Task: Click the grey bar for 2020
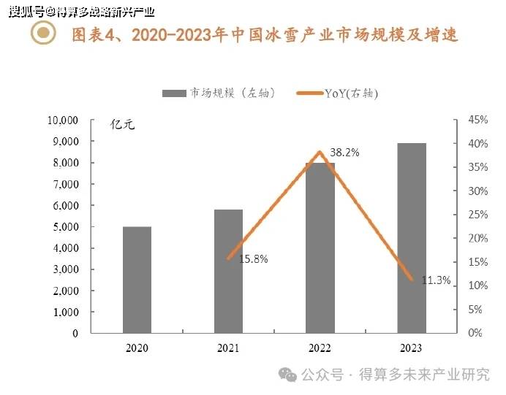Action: pyautogui.click(x=137, y=280)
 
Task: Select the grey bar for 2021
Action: pyautogui.click(x=228, y=271)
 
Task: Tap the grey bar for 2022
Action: pyautogui.click(x=320, y=248)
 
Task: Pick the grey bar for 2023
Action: pyautogui.click(x=411, y=238)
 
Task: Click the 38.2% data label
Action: pyautogui.click(x=344, y=153)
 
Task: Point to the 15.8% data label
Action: pyautogui.click(x=254, y=259)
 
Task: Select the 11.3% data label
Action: pyautogui.click(x=437, y=280)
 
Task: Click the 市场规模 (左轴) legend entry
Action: pyautogui.click(x=219, y=93)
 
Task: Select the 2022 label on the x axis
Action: pyautogui.click(x=320, y=349)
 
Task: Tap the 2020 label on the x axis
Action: pyautogui.click(x=137, y=349)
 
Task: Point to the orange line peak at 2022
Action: pyautogui.click(x=320, y=152)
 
